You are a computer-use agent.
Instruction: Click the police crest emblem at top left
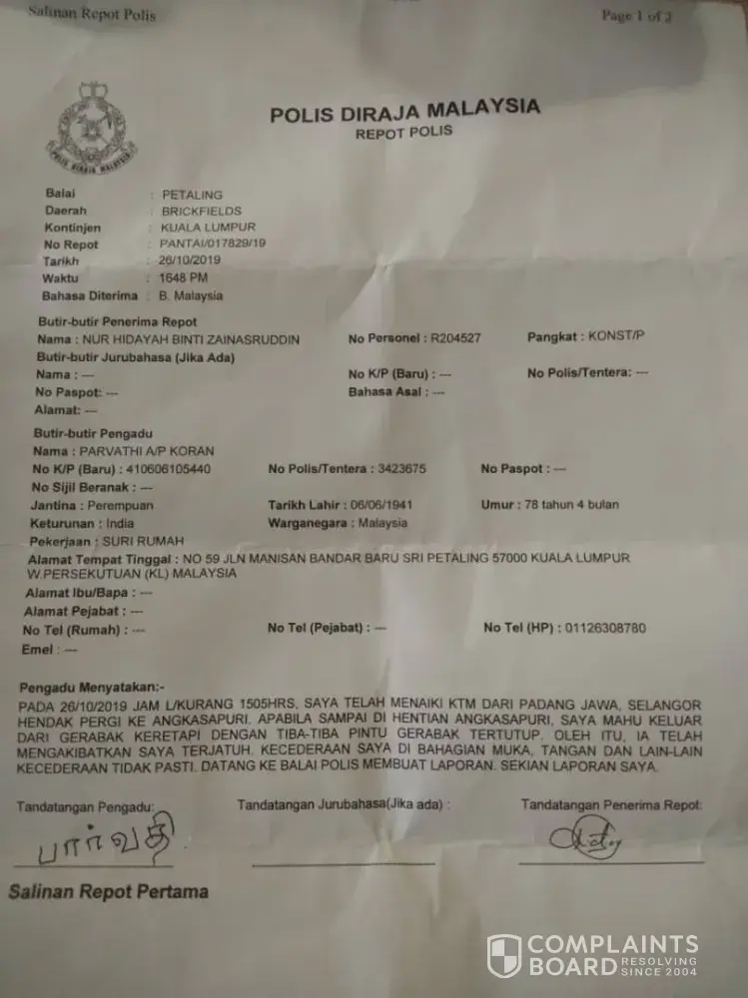(92, 127)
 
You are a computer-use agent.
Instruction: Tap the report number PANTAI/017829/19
(213, 244)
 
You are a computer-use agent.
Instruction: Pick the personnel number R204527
(455, 338)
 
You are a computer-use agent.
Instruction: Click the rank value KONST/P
(617, 336)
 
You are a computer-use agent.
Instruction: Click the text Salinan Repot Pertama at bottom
(109, 891)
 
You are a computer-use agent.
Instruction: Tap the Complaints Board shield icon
(503, 955)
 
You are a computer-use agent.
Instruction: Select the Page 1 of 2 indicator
(636, 16)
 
